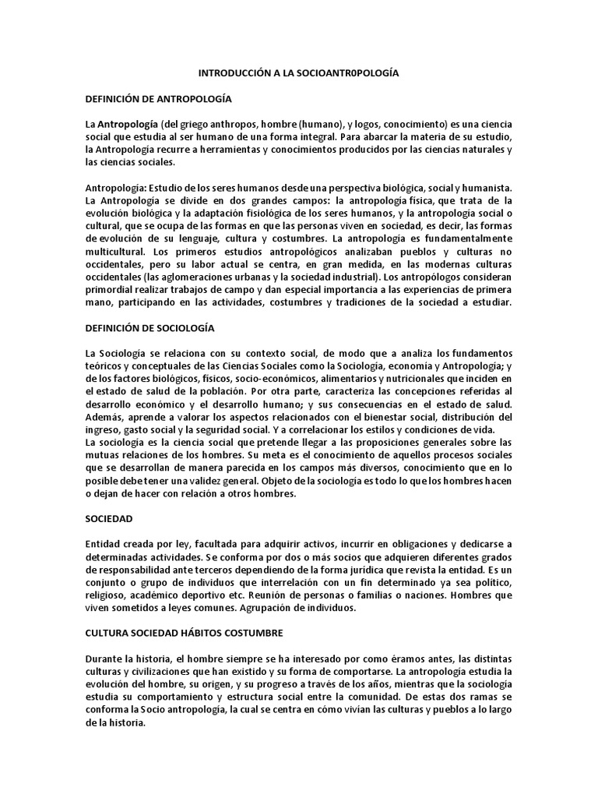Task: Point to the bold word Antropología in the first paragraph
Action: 128,125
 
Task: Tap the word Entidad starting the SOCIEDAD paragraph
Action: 104,543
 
